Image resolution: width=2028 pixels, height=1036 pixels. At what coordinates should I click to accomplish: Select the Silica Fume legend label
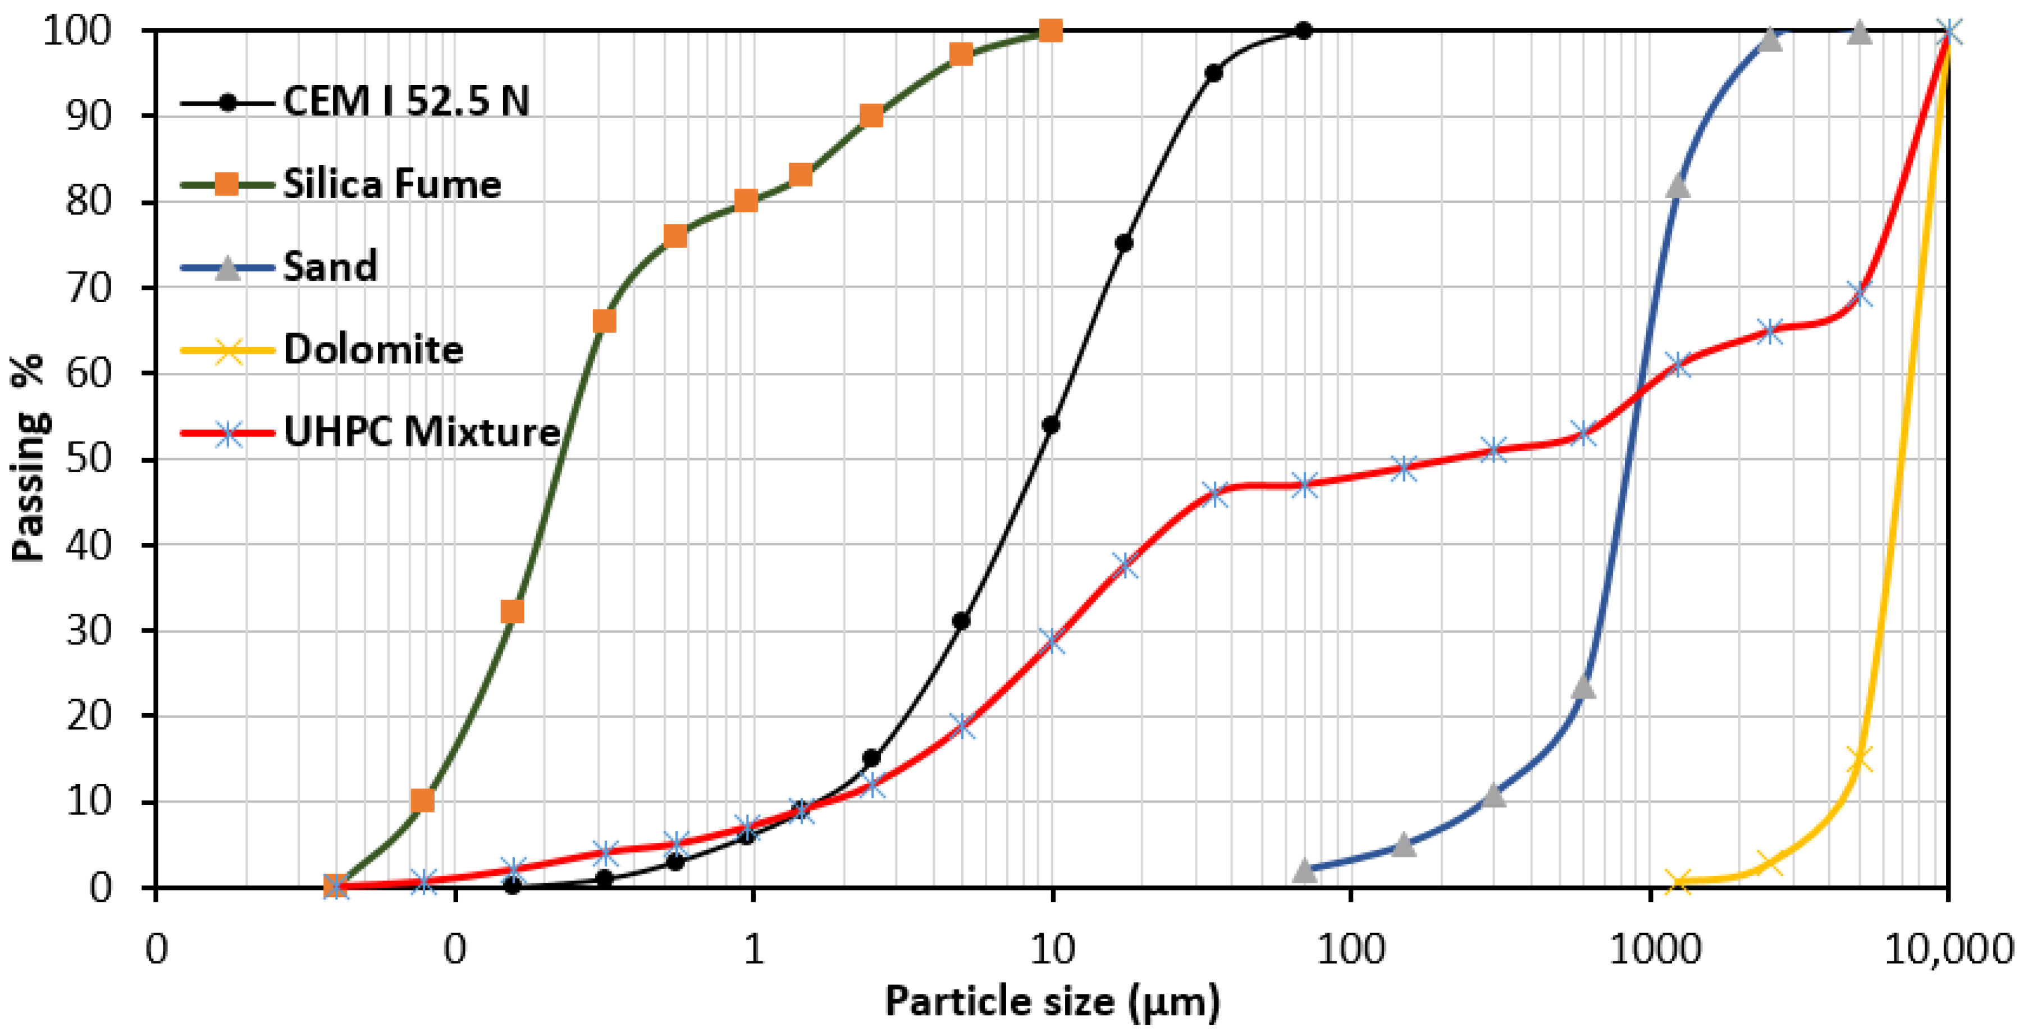click(392, 184)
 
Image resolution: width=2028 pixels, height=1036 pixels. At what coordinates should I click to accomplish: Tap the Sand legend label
click(330, 267)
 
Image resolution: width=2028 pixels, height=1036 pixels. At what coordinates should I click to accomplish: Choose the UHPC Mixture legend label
click(421, 432)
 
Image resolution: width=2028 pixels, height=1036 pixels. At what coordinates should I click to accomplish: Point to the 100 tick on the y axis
click(77, 31)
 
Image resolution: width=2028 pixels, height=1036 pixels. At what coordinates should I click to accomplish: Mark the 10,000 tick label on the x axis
click(1948, 950)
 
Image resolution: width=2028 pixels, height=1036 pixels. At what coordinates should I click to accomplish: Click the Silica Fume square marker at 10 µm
click(1051, 31)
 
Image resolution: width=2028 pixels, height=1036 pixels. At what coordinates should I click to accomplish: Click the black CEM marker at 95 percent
click(1214, 73)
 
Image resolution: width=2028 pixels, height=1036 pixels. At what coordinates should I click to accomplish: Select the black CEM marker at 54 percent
click(1050, 425)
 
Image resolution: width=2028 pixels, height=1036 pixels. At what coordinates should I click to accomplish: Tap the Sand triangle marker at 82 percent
click(1678, 186)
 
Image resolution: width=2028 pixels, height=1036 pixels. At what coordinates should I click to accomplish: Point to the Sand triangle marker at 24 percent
click(1584, 687)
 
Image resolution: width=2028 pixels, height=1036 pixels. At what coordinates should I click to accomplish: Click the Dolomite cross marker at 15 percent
click(1860, 760)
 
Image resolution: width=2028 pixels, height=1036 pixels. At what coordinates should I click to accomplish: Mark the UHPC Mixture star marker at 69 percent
click(1860, 295)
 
